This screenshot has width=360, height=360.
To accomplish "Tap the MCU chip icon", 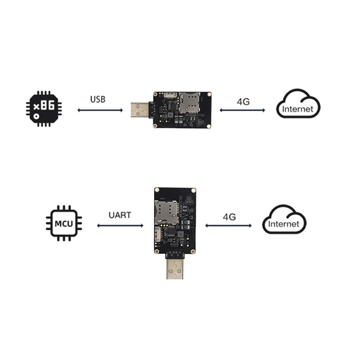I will coord(64,223).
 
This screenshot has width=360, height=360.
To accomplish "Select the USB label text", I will coord(98,99).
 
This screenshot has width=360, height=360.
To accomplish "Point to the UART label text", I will coord(120,215).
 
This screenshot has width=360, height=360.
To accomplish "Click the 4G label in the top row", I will coord(243,101).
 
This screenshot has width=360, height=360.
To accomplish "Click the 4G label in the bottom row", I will coord(229,217).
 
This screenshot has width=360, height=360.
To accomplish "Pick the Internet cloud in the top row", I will coord(298,104).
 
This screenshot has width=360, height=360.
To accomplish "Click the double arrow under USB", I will coord(100,110).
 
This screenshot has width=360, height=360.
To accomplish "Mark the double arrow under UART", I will coord(120,225).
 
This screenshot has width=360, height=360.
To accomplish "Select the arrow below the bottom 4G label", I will coord(229,225).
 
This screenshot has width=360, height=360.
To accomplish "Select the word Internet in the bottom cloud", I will coord(283,224).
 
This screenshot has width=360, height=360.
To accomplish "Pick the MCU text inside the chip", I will coord(64,223).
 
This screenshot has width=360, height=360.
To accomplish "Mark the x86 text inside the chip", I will coord(44,106).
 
